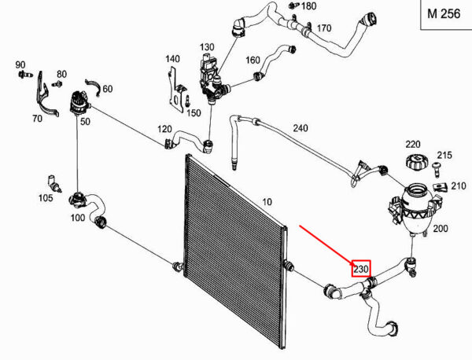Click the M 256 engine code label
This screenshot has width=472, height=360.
coord(444,14)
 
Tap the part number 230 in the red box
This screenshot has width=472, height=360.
coord(361,269)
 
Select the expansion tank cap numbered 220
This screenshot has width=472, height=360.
coord(415,163)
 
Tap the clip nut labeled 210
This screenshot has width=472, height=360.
coord(441,187)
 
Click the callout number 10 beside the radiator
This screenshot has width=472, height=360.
coord(267,201)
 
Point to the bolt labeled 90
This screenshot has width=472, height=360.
coord(25,74)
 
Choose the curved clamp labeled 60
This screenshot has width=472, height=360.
coord(93,87)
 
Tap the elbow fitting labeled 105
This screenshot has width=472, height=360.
coord(54,183)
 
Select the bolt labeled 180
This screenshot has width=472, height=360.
coord(293,6)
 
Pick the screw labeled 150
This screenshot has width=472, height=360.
coord(187,101)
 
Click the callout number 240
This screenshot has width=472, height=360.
coord(301,128)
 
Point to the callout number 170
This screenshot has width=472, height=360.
coord(324,28)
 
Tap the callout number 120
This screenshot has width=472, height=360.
coord(164,129)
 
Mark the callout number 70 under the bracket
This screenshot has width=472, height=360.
coord(37,119)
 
